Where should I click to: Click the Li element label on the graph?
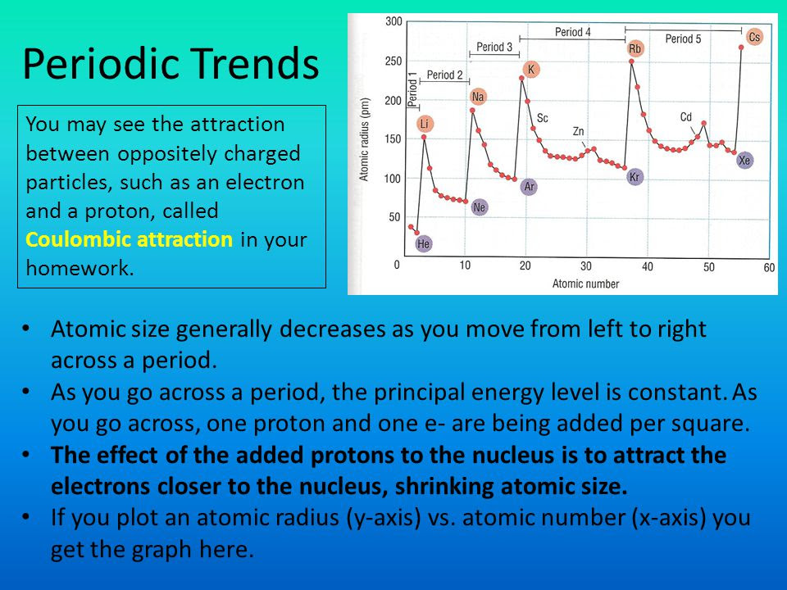coord(425,124)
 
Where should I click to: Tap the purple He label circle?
coord(424,244)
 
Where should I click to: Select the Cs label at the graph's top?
coord(754,37)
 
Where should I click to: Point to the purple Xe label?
coord(744,161)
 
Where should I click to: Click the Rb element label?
coord(635,48)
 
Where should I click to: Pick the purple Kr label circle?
coord(635,177)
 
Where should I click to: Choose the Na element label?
coord(478,97)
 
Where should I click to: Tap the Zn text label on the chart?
coord(578,131)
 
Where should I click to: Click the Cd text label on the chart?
coord(686,117)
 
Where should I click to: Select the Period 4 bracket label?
coord(573,32)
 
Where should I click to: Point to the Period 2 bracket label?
coord(444,75)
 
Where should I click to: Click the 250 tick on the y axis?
coord(393,61)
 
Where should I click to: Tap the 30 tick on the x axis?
coord(585,265)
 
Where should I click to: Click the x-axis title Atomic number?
coord(585,284)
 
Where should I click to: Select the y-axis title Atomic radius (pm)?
coord(364,139)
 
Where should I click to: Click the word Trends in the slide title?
coord(255,64)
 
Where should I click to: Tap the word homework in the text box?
coord(80,269)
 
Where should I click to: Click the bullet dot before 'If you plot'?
coord(25,517)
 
